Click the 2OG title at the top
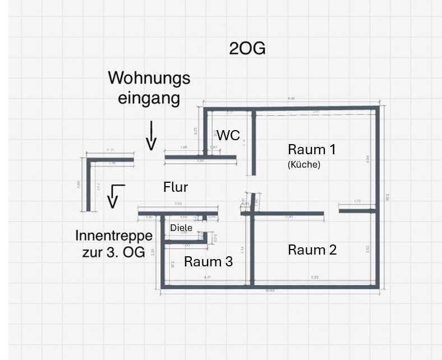(247, 49)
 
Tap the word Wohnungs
(149, 77)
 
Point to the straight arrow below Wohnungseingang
(150, 136)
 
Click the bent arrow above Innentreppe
(114, 195)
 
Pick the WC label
(228, 135)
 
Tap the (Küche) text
(303, 165)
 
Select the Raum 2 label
(312, 250)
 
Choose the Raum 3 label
(208, 261)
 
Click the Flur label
(175, 187)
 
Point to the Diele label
(181, 228)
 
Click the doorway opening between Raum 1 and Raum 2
(331, 213)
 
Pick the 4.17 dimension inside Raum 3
(207, 277)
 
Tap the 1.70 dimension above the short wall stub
(357, 201)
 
